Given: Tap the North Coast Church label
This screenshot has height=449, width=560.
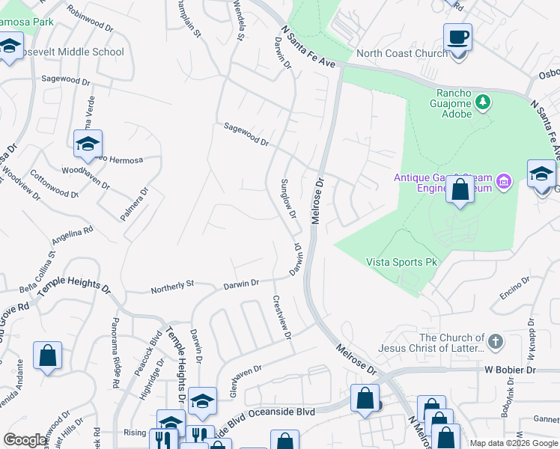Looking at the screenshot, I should [x=401, y=53].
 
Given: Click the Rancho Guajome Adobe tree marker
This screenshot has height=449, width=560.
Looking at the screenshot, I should [x=484, y=100].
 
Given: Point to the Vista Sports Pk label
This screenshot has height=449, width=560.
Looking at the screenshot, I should [x=401, y=262].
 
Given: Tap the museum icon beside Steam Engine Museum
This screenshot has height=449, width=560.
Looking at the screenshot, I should [x=504, y=180].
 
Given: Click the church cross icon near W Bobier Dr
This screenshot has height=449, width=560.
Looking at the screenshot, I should [x=494, y=342].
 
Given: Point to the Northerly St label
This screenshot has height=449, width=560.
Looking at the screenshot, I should [x=172, y=286].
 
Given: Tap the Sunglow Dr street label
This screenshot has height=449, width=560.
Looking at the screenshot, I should [x=288, y=199].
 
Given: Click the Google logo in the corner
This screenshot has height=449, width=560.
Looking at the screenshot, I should [x=25, y=440].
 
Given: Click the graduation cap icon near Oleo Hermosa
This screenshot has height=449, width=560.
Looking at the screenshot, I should [x=88, y=143].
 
